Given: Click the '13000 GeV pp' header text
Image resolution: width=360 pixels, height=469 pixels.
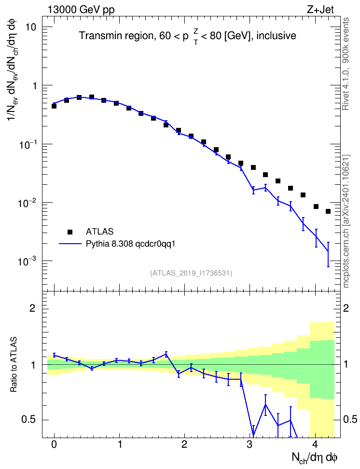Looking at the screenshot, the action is pos(81,10).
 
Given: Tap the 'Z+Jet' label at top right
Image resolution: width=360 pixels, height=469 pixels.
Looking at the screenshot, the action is pos(320,10).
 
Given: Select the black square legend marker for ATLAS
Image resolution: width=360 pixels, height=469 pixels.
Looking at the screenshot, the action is pos(70,232).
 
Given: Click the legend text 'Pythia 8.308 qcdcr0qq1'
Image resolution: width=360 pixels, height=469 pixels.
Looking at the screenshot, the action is pos(130,244).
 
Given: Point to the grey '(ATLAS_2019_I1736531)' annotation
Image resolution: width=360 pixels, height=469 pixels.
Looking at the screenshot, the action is pos(191,273).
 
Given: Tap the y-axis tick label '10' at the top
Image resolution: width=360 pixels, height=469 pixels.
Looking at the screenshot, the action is pos(30,27).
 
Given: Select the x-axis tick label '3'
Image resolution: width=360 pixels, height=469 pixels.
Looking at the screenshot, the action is pos(249,444).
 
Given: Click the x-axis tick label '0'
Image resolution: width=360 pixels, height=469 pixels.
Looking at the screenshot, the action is pos(54,444).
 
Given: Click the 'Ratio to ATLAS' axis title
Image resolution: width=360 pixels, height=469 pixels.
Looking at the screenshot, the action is pos(14,364).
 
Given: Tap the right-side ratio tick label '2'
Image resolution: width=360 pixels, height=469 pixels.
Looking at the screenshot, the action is pos(346,308).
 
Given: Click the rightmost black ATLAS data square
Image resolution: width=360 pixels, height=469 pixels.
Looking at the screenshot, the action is pos(328,211).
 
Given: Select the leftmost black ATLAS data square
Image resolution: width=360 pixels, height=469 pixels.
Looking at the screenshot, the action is pos(54,106).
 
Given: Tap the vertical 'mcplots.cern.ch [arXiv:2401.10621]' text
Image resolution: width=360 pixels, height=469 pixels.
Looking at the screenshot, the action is pos(346,221).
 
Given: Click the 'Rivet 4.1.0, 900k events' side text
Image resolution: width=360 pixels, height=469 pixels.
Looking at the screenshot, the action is pos(346,64).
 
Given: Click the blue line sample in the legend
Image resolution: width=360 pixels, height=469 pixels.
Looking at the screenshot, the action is pos(70,244).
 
